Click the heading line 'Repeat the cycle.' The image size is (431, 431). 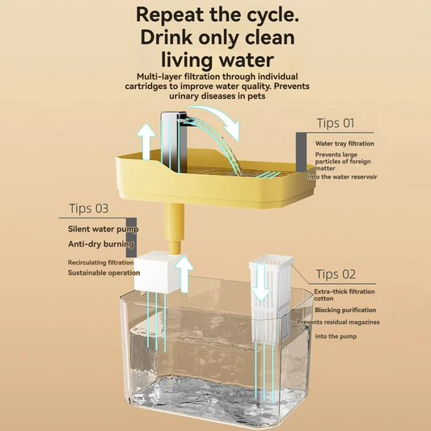[x=214, y=14]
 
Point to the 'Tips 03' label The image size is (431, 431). [x=85, y=208]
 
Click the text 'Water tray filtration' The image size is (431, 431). [x=345, y=144]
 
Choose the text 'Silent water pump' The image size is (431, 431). [x=103, y=229]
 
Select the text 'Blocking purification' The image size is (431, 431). [x=345, y=311]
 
